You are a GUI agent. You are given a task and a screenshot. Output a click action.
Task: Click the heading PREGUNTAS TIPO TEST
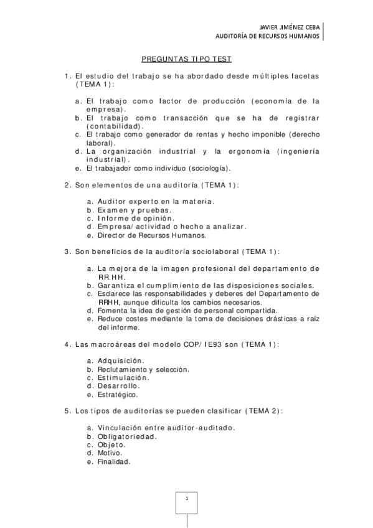point(187,59)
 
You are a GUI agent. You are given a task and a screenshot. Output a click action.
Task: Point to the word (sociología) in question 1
point(210,168)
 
